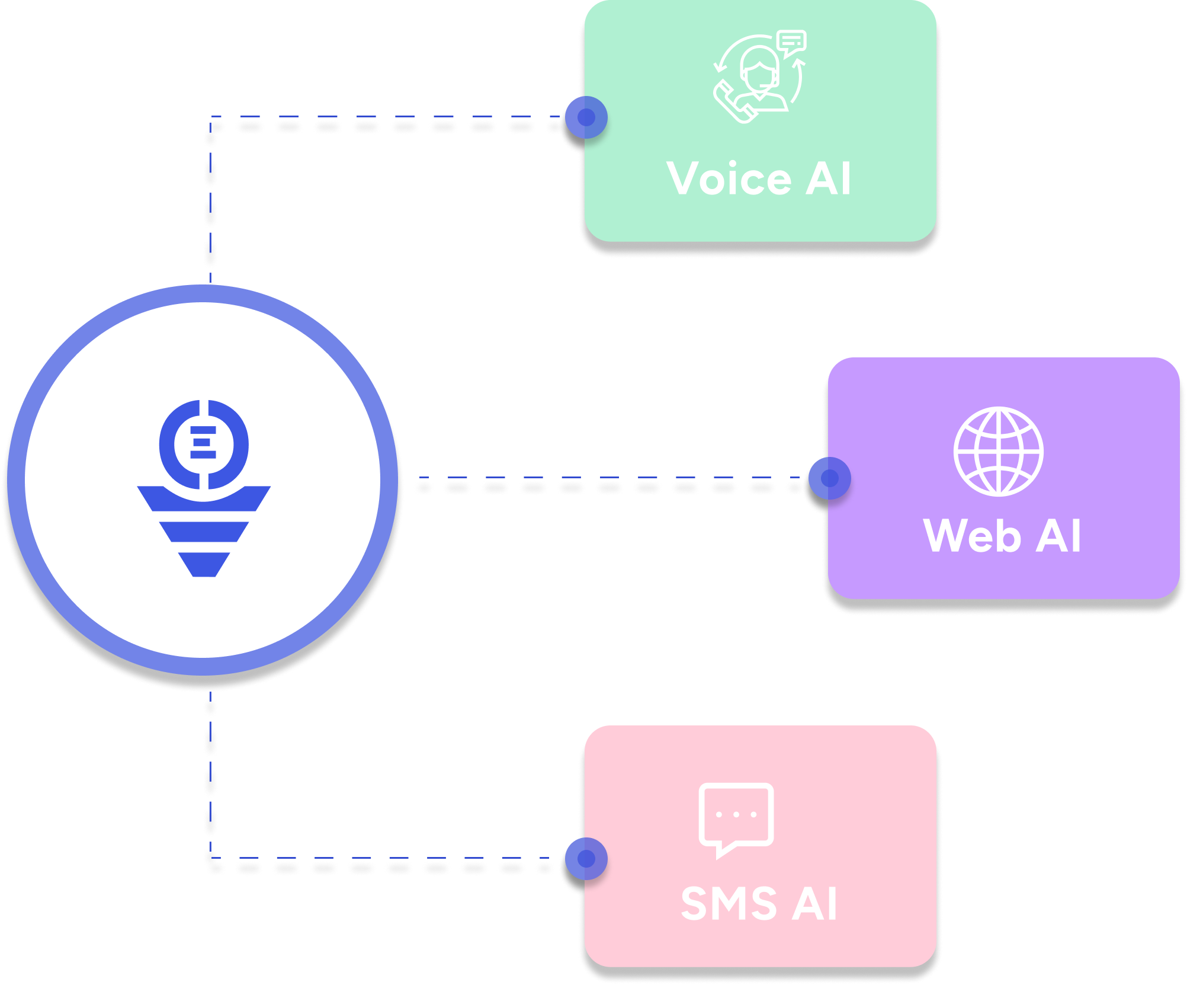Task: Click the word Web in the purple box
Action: coord(972,535)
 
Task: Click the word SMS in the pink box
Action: coord(729,904)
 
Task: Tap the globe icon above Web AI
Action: coord(999,452)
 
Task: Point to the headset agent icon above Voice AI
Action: coord(760,77)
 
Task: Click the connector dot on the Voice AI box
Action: coord(586,117)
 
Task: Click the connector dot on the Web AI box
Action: coord(830,478)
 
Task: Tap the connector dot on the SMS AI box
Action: coord(586,859)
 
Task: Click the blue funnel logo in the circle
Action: coord(204,488)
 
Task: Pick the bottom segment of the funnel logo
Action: coord(204,564)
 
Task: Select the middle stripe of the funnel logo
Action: coord(204,532)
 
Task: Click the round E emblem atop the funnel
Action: coord(204,444)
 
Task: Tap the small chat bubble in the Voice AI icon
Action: coord(791,43)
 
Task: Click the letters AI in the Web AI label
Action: coord(1059,535)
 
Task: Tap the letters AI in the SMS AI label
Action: coord(815,904)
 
